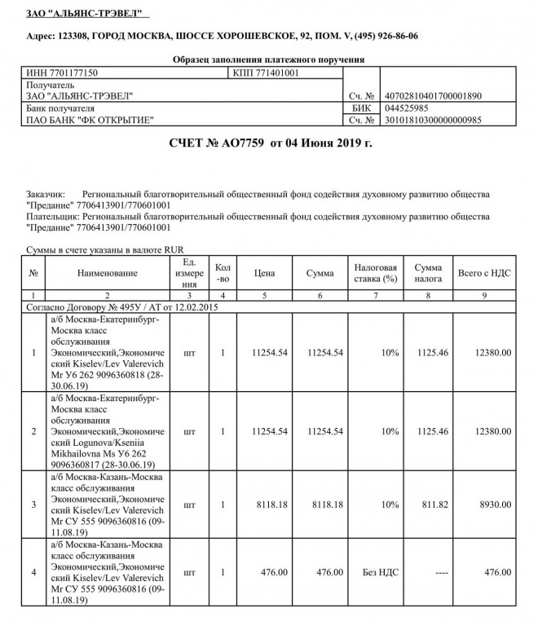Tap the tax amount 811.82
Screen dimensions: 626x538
click(x=428, y=505)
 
